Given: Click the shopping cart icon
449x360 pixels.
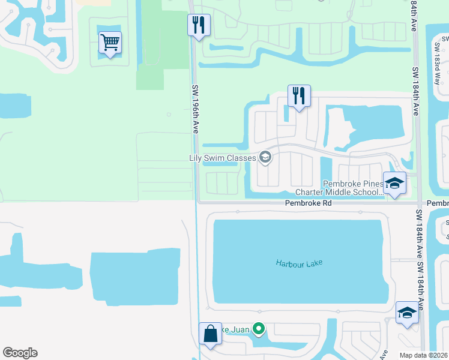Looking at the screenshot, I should coord(110,43).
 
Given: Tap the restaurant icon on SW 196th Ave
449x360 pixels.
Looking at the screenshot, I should coord(199,25).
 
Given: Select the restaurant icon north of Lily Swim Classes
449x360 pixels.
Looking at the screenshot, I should coord(298,95).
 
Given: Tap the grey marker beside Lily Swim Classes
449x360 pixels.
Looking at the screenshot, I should coord(265,158).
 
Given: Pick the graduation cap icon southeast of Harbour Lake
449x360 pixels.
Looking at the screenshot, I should coord(407,313).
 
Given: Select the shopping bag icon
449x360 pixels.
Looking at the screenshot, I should coord(211,334).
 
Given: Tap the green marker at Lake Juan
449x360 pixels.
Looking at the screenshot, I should coord(258,328).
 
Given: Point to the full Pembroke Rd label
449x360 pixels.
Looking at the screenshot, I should coord(309,203).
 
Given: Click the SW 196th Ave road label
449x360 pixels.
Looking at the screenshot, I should coord(195,109).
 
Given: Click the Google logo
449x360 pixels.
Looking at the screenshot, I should coord(20,353).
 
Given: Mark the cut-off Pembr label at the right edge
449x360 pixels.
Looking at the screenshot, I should coord(438,203).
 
